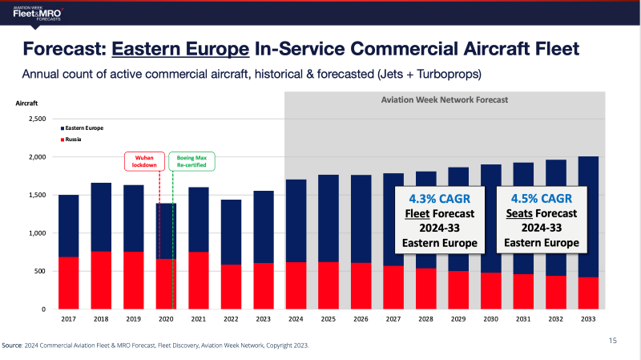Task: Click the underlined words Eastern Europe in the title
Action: tap(181, 49)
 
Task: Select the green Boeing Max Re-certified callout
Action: tap(187, 162)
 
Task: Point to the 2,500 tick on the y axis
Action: tap(37, 119)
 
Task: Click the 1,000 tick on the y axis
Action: tap(37, 233)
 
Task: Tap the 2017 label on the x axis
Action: tap(68, 319)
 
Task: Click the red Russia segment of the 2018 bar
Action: tap(102, 280)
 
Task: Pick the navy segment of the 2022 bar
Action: tap(231, 232)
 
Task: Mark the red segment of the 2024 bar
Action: tap(296, 285)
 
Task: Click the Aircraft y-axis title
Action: tap(27, 103)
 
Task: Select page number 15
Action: tap(612, 341)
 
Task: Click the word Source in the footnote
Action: tap(12, 346)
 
